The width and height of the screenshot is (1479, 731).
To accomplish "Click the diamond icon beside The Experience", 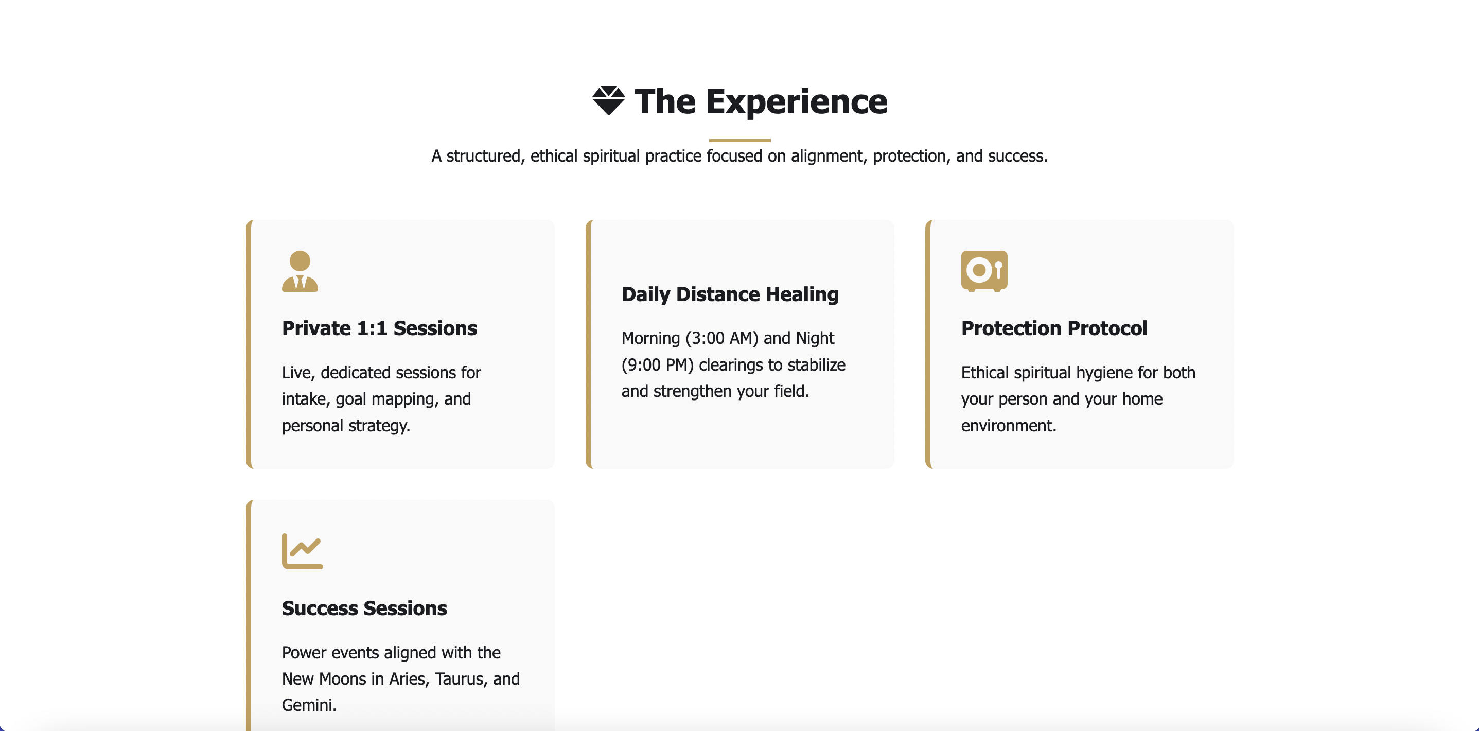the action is point(609,101).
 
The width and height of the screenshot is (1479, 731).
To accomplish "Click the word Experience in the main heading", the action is point(796,101).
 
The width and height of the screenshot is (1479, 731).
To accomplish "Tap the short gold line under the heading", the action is point(739,140).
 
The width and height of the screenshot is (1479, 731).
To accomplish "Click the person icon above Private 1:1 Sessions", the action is point(300,271).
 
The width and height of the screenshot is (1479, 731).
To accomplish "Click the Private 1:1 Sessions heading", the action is point(379,328).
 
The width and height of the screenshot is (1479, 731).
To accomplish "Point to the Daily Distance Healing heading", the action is point(730,294).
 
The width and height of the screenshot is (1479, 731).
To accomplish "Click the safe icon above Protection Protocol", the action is point(984,271).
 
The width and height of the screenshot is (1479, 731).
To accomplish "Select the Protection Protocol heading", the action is point(1054,328).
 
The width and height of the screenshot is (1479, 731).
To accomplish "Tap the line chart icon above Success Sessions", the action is point(303,551).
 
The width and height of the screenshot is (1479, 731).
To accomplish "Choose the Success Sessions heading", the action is point(364,608).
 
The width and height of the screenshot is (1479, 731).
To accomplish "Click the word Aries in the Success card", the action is point(408,678).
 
